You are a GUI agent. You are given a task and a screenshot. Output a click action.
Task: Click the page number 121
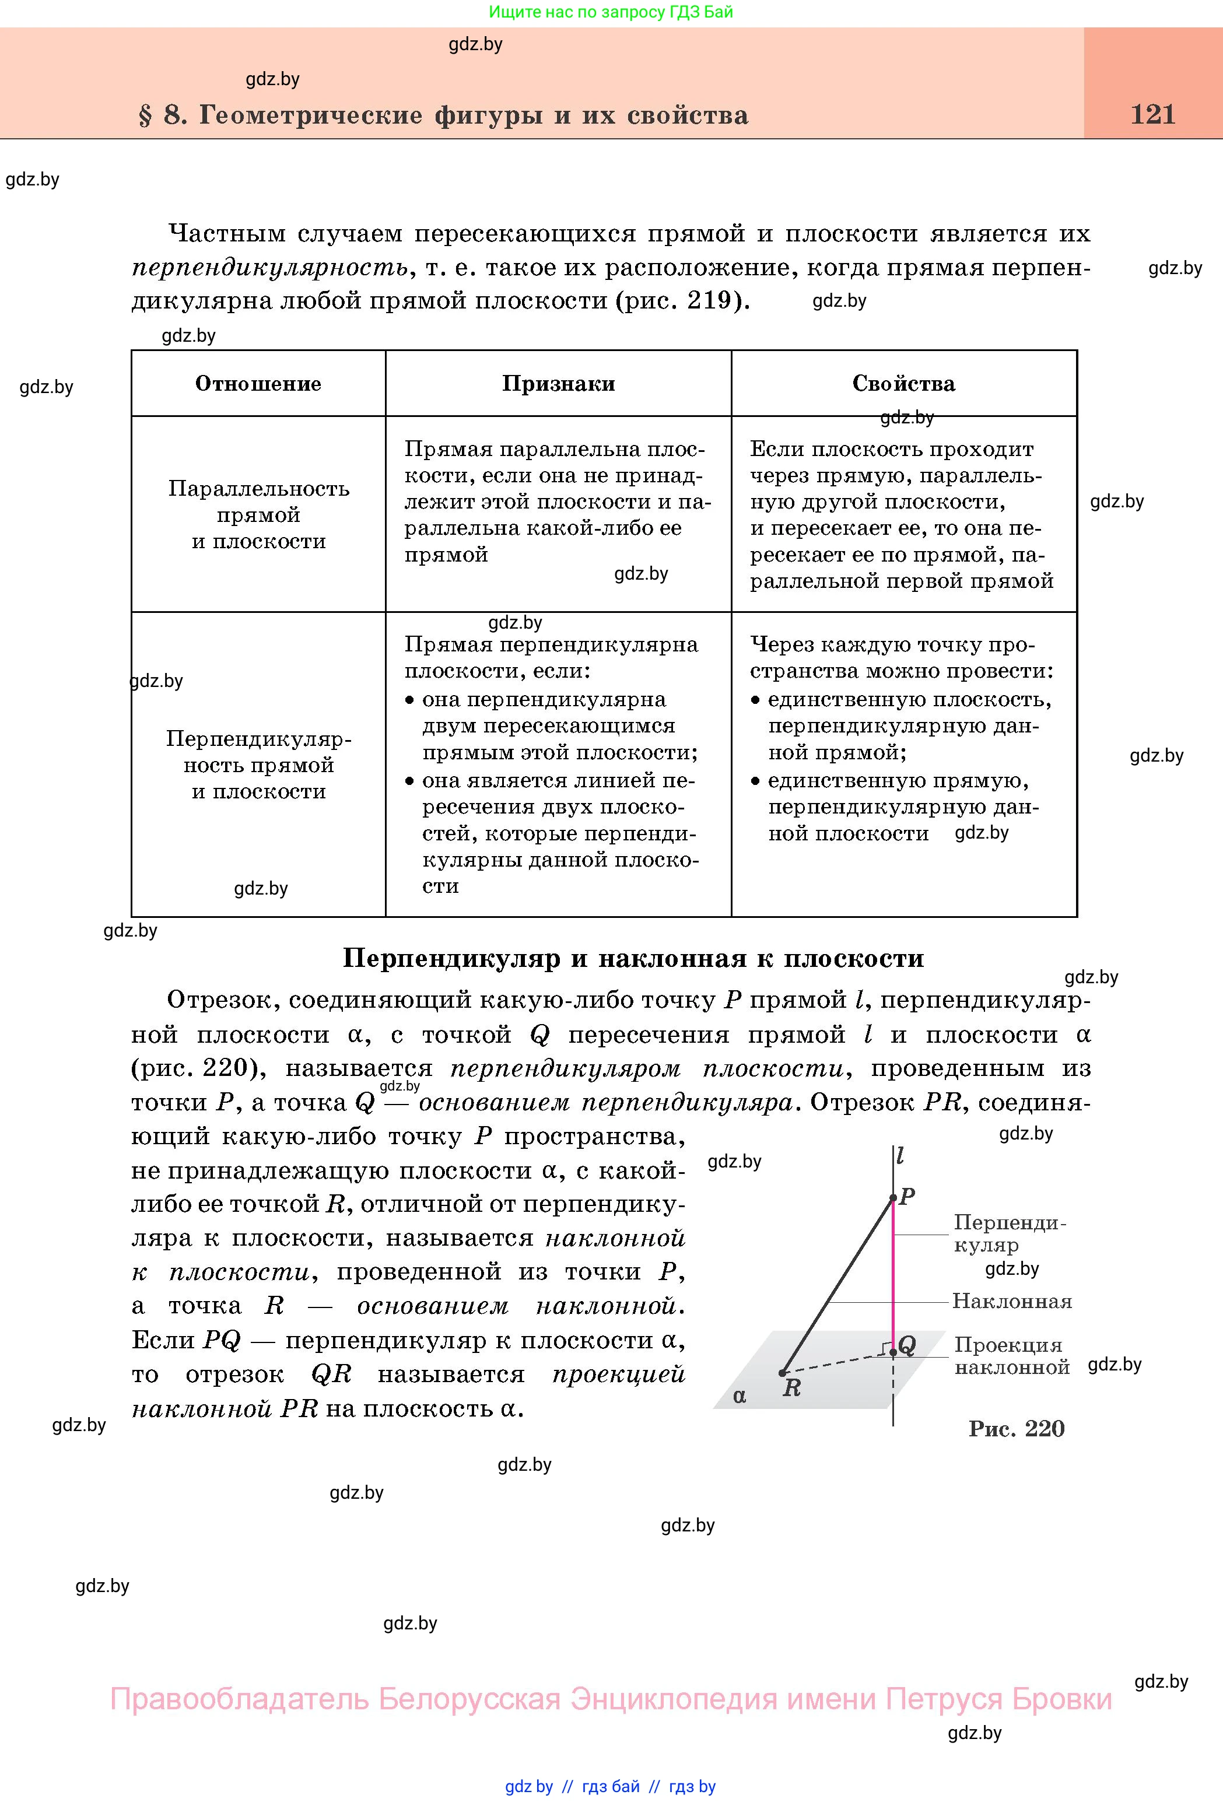point(1152,115)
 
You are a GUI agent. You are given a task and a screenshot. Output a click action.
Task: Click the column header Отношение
point(258,384)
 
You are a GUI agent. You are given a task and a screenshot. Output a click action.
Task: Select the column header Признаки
point(558,384)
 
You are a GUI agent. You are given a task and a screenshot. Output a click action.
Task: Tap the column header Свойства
point(903,384)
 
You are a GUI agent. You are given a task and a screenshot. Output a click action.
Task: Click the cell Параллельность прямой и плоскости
point(258,515)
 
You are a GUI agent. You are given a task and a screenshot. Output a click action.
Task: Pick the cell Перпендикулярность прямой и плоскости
point(258,765)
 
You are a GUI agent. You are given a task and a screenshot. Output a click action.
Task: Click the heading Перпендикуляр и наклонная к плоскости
point(633,958)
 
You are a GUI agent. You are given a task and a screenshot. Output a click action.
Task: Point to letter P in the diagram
point(906,1197)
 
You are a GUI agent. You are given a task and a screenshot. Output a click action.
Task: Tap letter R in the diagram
point(791,1387)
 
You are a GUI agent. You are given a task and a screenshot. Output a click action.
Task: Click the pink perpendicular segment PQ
point(893,1272)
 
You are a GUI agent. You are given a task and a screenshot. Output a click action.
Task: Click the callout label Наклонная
point(1011,1301)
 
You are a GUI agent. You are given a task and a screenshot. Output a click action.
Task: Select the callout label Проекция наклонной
point(1011,1355)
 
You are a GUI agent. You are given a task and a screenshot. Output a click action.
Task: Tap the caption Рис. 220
point(1016,1428)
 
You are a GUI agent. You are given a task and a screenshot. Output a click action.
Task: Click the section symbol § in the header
point(145,115)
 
